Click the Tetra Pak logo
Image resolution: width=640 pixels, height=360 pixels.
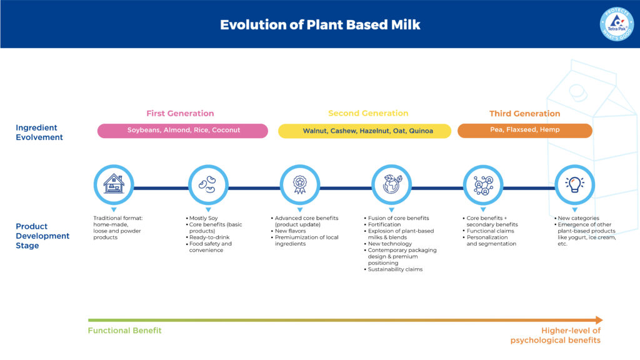tap(616, 24)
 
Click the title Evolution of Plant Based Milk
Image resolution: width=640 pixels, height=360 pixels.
tap(320, 25)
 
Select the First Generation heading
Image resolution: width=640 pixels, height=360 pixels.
tap(180, 114)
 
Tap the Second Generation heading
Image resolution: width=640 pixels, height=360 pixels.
tap(368, 113)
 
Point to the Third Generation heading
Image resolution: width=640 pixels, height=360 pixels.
tap(524, 114)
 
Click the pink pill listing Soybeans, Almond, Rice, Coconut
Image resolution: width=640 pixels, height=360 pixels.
tap(182, 131)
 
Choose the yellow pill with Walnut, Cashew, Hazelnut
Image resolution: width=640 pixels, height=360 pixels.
tap(364, 131)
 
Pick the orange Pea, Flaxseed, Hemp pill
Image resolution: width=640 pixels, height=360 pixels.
tap(524, 131)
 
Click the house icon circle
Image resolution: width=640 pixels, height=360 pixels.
tap(114, 184)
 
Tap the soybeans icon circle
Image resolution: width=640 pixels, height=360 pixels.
tap(207, 184)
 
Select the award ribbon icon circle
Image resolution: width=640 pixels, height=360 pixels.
tap(299, 184)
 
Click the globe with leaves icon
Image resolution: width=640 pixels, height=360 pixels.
tap(391, 184)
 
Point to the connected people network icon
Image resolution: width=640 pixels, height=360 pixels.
tap(483, 184)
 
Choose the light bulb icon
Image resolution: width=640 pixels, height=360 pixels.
tap(574, 184)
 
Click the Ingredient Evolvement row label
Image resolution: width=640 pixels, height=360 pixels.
tap(39, 132)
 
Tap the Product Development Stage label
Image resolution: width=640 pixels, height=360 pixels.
tap(42, 236)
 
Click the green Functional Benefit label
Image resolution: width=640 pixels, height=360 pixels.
tap(124, 331)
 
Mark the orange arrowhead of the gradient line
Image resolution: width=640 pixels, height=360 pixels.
tap(599, 320)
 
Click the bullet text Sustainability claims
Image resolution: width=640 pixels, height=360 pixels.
tap(395, 269)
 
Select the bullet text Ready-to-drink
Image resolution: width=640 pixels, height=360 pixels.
tap(209, 237)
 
